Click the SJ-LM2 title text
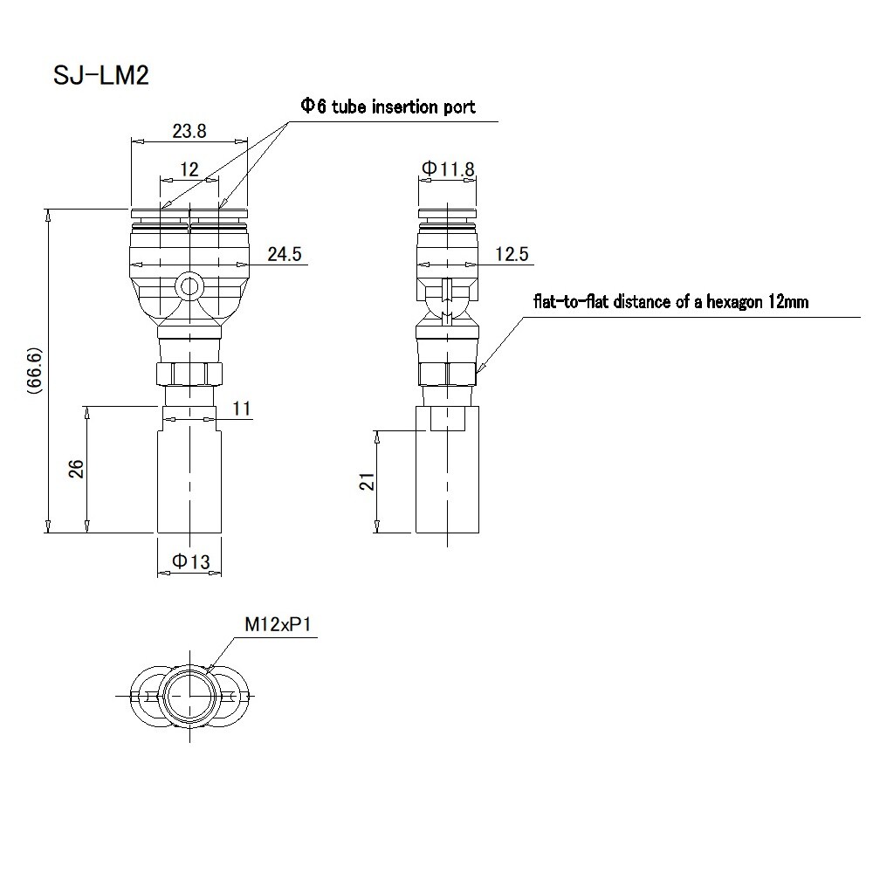point(102,76)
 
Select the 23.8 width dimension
point(189,132)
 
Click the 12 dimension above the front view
point(189,168)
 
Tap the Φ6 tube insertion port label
point(388,107)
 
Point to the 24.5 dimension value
point(284,254)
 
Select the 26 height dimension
point(76,468)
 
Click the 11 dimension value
point(243,409)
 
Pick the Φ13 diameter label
point(190,562)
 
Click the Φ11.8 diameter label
point(447,168)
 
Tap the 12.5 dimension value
point(512,254)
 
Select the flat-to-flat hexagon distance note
point(670,303)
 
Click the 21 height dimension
point(367,481)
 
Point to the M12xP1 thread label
point(277,625)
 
